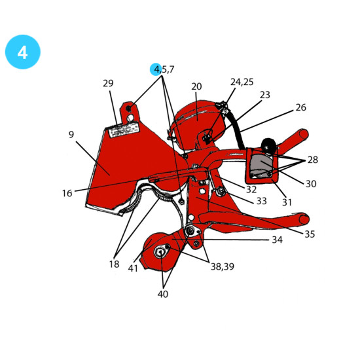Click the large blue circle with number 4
click(23, 52)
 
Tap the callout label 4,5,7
click(164, 69)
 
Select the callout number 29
click(108, 83)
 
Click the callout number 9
click(71, 135)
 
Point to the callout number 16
click(67, 193)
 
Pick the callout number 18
click(114, 264)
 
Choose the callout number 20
click(196, 86)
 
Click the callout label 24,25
click(242, 82)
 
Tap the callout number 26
click(301, 107)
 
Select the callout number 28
click(313, 160)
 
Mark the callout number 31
click(287, 202)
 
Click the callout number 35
click(310, 234)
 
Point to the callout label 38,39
click(223, 266)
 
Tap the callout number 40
click(163, 294)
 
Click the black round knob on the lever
click(268, 145)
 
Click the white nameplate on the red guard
click(124, 130)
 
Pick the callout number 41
click(133, 268)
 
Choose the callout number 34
click(277, 240)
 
